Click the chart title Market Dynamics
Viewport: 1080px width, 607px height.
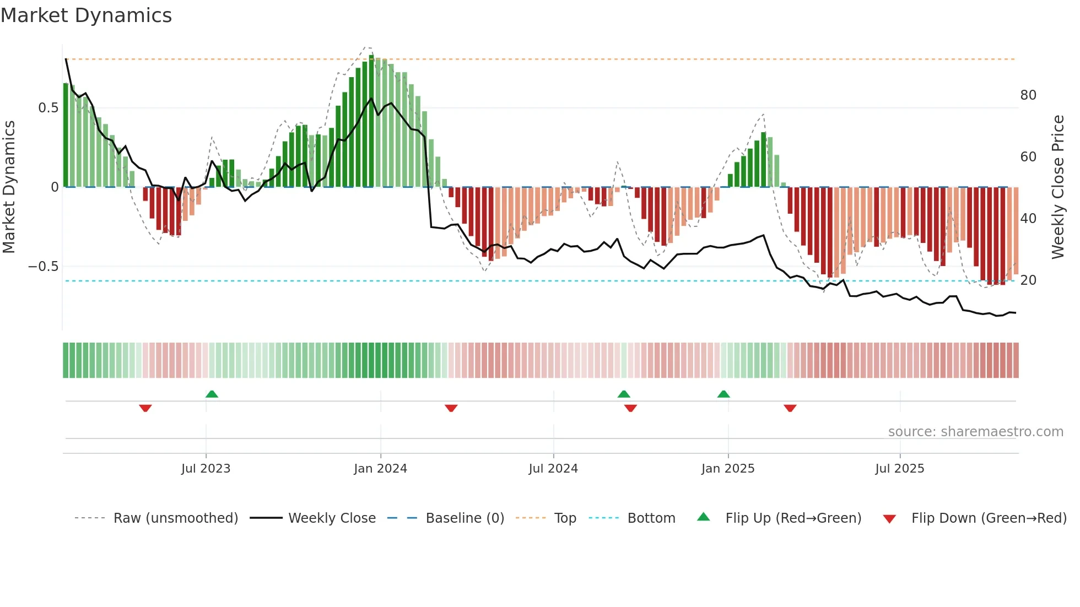pyautogui.click(x=86, y=15)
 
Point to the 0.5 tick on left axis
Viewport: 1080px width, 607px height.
pyautogui.click(x=48, y=108)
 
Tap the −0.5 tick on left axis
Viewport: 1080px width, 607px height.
pyautogui.click(x=43, y=267)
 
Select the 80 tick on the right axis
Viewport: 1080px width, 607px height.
pyautogui.click(x=1028, y=95)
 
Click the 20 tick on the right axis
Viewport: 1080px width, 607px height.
pyautogui.click(x=1028, y=280)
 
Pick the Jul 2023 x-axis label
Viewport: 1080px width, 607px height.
pyautogui.click(x=206, y=469)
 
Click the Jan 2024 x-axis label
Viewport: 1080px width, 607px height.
pyautogui.click(x=380, y=469)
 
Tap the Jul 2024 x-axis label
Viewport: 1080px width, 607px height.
pyautogui.click(x=553, y=469)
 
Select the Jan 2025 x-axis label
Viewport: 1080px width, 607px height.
pyautogui.click(x=728, y=469)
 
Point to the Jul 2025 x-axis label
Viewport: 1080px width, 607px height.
pyautogui.click(x=900, y=469)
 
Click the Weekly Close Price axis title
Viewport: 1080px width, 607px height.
pyautogui.click(x=1057, y=187)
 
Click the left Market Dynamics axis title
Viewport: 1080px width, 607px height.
pyautogui.click(x=9, y=187)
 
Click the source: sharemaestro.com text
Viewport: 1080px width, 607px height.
pyautogui.click(x=975, y=432)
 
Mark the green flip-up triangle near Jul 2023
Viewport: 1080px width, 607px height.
pyautogui.click(x=212, y=394)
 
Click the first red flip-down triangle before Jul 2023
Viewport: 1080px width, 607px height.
pyautogui.click(x=145, y=408)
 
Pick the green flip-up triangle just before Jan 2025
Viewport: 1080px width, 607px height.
pyautogui.click(x=723, y=394)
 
